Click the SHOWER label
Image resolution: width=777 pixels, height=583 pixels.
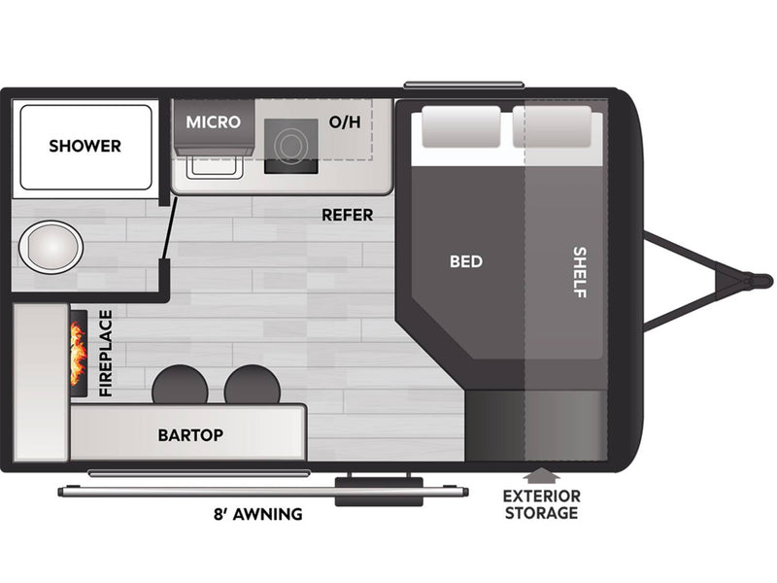pos(84,146)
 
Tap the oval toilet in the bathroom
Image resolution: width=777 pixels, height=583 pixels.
pos(51,247)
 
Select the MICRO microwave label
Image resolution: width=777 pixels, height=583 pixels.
pos(213,122)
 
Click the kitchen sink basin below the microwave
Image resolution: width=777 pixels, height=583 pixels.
pos(215,166)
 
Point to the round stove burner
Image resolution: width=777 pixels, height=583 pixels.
pos(290,145)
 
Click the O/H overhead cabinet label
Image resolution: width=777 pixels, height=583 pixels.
pos(345,122)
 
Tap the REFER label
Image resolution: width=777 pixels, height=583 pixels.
pos(348,215)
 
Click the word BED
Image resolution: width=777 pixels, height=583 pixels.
pos(466,261)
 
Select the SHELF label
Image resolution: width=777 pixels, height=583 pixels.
pos(579,272)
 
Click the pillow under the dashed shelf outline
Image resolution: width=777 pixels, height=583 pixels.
pos(552,126)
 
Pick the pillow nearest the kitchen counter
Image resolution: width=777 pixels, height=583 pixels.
pos(460,126)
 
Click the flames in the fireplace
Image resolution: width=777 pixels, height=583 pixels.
pos(79,353)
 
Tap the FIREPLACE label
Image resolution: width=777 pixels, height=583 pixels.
pos(106,353)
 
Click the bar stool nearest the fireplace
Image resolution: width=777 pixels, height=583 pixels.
pos(180,385)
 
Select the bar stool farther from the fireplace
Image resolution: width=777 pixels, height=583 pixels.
pos(253,385)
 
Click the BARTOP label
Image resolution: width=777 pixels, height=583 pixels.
pos(190,434)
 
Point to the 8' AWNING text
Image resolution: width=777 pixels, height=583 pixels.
pos(257,514)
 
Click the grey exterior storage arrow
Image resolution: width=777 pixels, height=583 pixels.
pos(542,475)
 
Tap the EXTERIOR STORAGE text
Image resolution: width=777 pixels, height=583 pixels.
pos(541,504)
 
